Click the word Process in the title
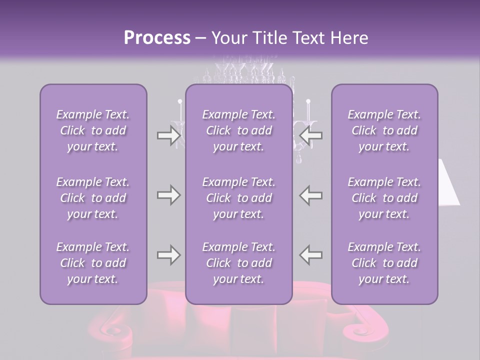click(157, 38)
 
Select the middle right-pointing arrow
click(168, 195)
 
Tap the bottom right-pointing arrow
click(168, 255)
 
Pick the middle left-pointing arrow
click(310, 195)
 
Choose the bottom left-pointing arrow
click(310, 255)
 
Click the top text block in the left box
click(93, 130)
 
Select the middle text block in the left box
click(93, 198)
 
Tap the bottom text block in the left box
click(93, 263)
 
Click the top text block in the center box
click(238, 130)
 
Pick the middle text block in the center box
click(238, 198)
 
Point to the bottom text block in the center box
click(238, 263)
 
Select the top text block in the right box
click(384, 130)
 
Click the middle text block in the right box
click(384, 198)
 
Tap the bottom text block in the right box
click(384, 263)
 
